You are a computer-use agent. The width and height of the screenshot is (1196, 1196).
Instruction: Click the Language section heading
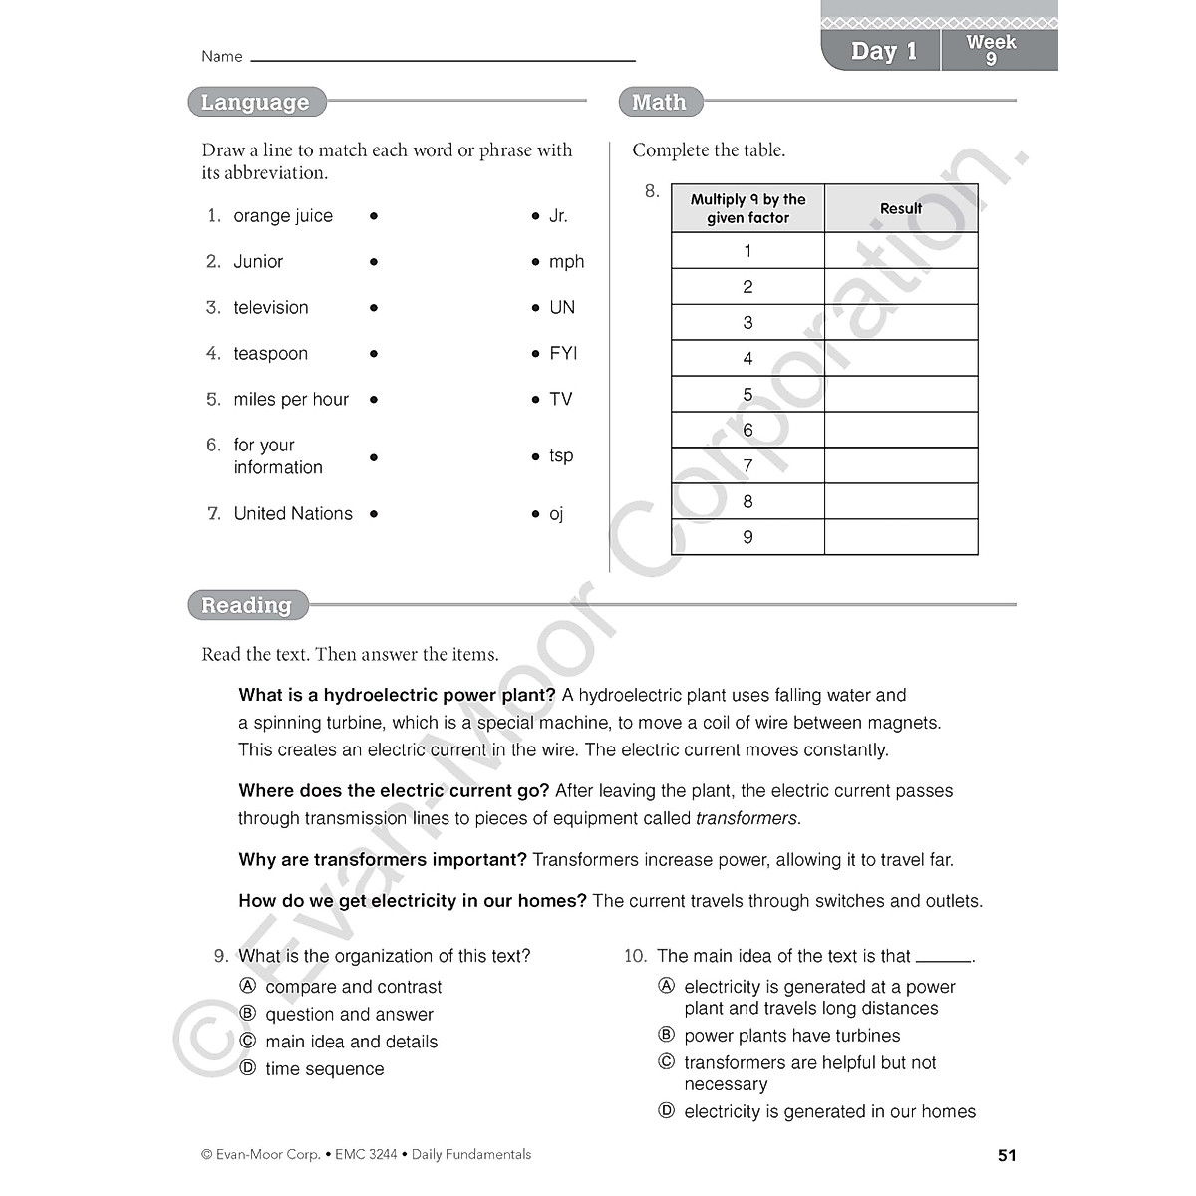255,102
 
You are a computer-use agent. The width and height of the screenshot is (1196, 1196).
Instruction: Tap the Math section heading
659,102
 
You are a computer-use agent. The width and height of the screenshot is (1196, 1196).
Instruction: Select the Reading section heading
246,605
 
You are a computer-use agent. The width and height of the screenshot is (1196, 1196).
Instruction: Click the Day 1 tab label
883,51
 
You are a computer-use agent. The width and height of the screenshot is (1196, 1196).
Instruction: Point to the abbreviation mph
566,262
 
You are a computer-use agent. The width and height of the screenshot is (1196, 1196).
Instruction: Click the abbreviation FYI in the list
563,354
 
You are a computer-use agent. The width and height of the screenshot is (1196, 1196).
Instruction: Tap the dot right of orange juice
374,216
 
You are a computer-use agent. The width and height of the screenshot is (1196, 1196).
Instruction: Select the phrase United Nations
293,514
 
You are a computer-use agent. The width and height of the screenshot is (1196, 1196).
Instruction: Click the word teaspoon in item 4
270,354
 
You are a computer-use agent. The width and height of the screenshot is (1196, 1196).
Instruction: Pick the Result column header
901,209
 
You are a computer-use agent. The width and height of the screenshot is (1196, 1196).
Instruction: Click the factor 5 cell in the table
747,395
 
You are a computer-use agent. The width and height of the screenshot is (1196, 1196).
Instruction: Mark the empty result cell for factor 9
901,537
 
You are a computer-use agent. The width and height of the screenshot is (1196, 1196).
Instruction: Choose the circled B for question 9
248,1014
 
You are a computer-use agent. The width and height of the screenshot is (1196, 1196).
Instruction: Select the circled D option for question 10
667,1111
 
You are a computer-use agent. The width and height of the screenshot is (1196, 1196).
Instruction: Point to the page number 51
1007,1155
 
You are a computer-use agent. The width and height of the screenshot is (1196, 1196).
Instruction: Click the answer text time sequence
324,1069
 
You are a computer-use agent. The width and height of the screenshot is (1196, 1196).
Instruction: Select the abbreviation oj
556,514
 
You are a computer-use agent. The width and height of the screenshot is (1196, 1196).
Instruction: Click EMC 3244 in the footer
366,1155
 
